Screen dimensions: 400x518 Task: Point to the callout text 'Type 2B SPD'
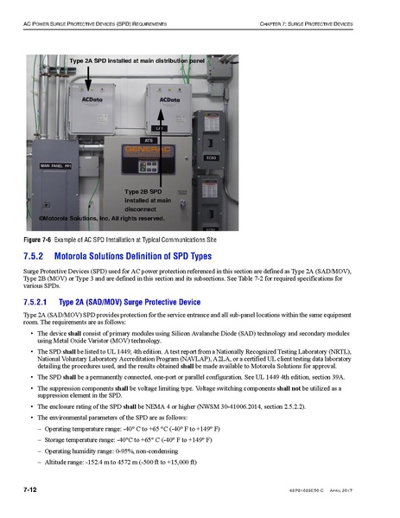142,190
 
